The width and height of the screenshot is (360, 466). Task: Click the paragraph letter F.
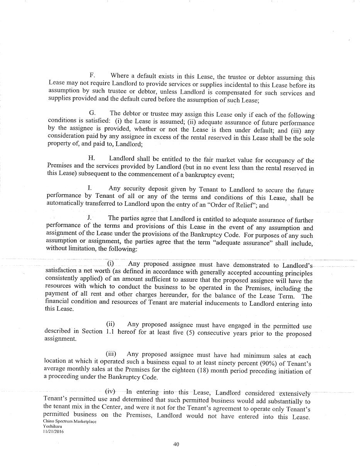(x=92, y=75)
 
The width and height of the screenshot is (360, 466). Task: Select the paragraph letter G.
(x=93, y=113)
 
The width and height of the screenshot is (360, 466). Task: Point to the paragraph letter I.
(x=89, y=188)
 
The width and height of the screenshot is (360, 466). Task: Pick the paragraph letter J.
(x=89, y=218)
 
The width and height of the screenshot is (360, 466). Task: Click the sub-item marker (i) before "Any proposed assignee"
(x=111, y=263)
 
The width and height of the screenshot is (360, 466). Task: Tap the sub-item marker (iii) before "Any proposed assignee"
(x=111, y=353)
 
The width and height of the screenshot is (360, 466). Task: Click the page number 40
(x=176, y=444)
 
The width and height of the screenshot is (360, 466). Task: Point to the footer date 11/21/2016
(x=54, y=432)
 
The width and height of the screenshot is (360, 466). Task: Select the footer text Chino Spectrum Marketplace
(x=70, y=422)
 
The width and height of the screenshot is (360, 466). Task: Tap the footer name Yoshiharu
(x=52, y=427)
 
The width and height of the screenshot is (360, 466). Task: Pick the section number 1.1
(x=110, y=332)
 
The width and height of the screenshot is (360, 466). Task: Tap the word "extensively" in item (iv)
(x=295, y=393)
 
